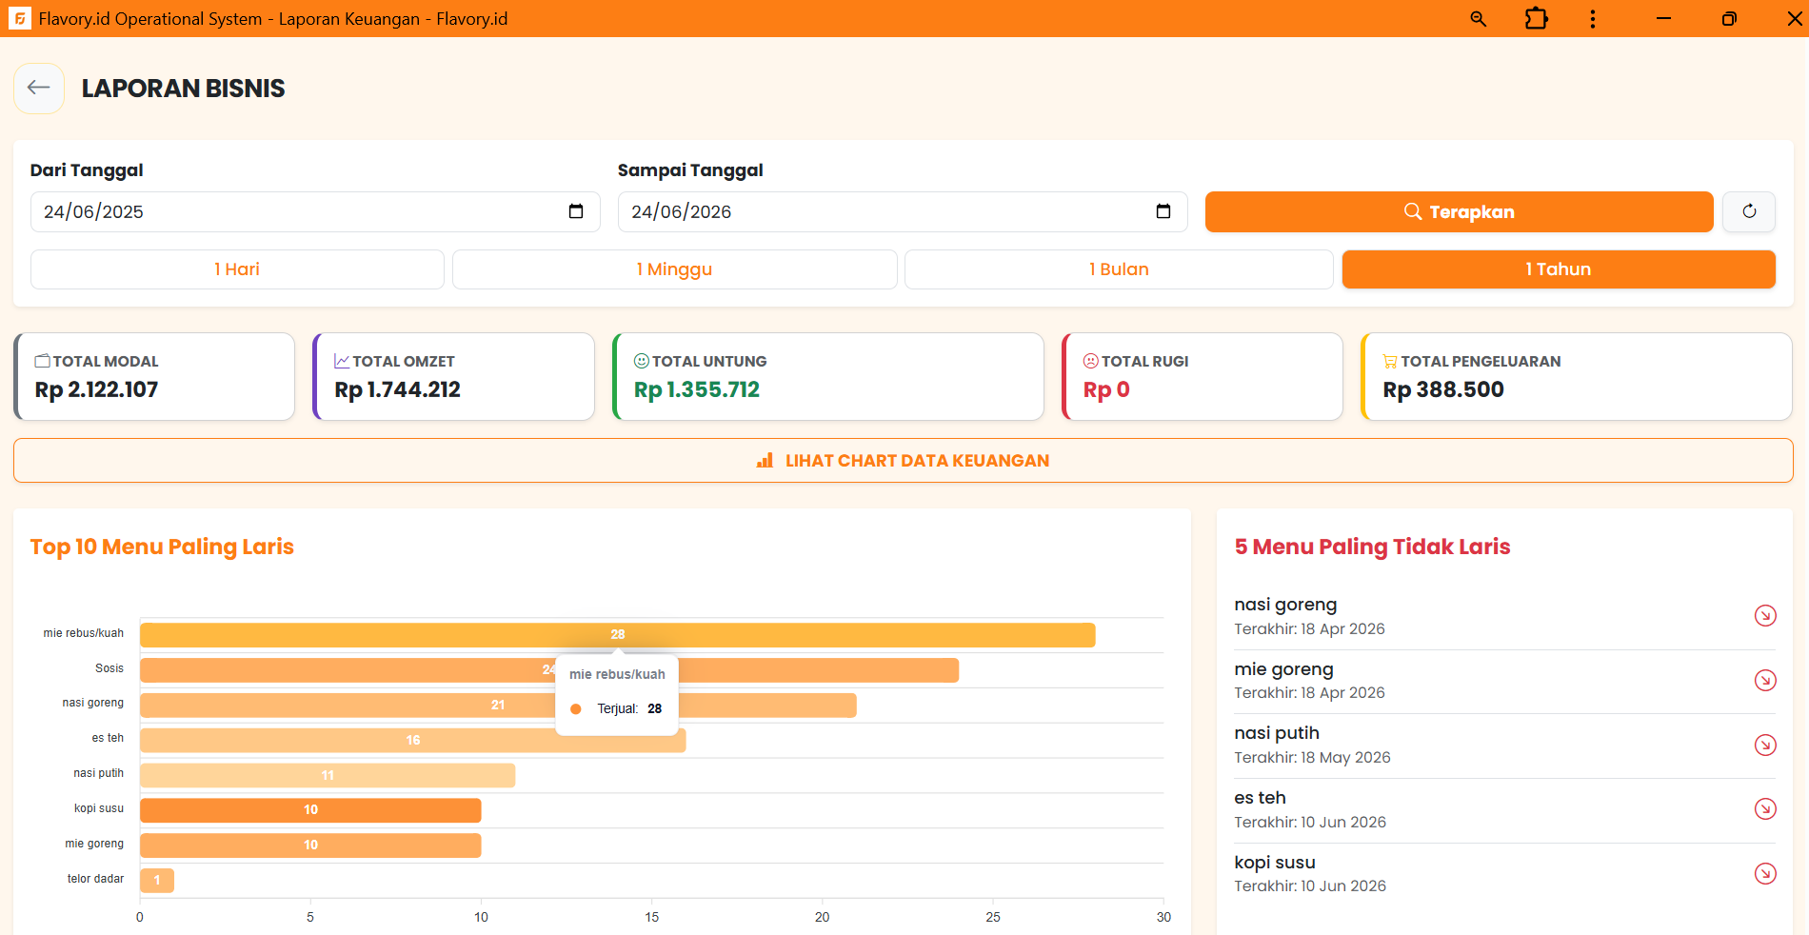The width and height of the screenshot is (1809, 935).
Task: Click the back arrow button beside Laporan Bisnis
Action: pos(39,89)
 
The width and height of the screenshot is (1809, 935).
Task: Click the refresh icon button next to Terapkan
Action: pos(1749,211)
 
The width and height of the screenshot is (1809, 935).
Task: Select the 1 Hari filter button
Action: pos(237,269)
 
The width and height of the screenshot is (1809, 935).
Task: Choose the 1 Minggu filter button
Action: pos(674,269)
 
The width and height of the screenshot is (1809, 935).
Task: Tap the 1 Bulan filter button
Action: pos(1119,269)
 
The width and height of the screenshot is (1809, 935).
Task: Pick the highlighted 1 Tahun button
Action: pos(1559,269)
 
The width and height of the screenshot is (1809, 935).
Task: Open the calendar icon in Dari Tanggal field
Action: pos(576,211)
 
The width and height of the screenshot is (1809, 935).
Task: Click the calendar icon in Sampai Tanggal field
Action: pos(1163,211)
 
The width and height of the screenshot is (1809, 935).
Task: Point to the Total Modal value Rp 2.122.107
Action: pos(96,389)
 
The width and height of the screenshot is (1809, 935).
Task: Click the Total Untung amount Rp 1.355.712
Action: pos(697,389)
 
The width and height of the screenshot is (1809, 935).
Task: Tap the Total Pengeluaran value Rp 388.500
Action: pos(1443,389)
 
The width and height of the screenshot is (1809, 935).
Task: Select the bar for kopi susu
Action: pos(310,810)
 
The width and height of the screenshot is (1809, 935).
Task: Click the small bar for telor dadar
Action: pos(157,881)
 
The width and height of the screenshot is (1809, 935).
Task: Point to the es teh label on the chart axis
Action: pos(108,738)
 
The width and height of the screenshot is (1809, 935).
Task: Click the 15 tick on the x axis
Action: pos(652,917)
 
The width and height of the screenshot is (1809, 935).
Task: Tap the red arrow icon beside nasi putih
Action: pos(1765,745)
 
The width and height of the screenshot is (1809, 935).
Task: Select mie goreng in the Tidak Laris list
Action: pos(1283,669)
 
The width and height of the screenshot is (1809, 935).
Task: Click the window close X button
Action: pos(1795,19)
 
